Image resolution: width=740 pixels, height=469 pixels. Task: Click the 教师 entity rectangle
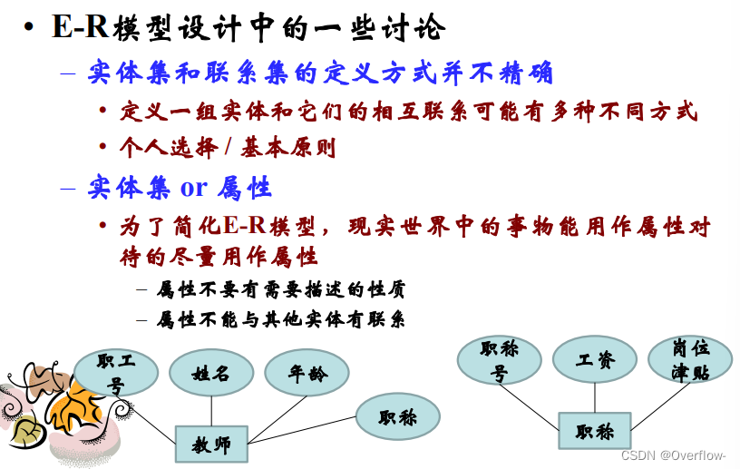click(x=210, y=445)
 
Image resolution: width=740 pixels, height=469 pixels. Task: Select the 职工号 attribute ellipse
click(x=115, y=373)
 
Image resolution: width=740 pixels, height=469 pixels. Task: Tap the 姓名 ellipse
click(x=210, y=373)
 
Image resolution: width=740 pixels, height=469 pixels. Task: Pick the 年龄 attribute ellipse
click(x=307, y=373)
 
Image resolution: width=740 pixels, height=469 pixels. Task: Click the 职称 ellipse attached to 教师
click(x=397, y=417)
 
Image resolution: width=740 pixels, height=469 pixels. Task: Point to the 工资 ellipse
click(x=595, y=360)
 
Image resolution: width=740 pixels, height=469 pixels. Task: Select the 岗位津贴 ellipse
click(x=691, y=360)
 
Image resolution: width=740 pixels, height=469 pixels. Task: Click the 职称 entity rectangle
click(x=594, y=432)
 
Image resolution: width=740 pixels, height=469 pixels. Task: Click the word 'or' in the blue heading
click(x=194, y=188)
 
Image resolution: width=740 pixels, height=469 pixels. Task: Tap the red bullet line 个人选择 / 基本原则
click(x=228, y=148)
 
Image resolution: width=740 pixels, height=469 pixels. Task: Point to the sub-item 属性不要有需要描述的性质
click(x=281, y=290)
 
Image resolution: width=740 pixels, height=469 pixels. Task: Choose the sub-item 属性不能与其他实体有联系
click(x=281, y=319)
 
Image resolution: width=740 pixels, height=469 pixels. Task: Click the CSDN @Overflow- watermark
click(x=679, y=455)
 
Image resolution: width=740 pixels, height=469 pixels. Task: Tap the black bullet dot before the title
click(x=30, y=28)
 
